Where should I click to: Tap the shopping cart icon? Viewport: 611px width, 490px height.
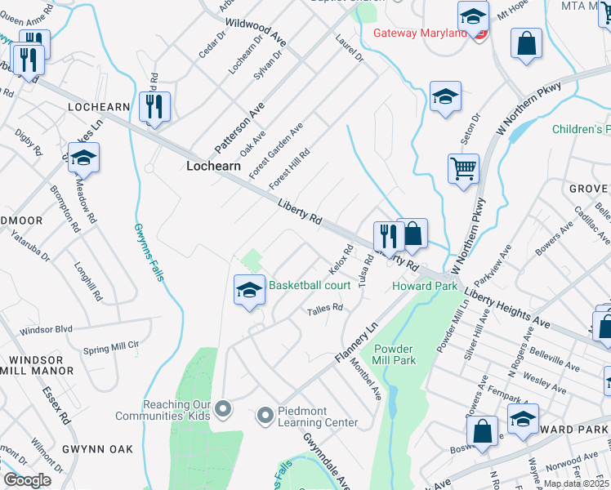point(464,169)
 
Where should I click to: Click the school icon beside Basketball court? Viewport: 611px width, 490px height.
point(249,290)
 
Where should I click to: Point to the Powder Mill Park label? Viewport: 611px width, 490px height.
point(395,354)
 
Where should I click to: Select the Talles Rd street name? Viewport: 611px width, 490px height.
point(324,310)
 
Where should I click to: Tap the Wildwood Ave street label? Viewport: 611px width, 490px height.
point(256,32)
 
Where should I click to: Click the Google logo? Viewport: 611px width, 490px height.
point(27,480)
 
